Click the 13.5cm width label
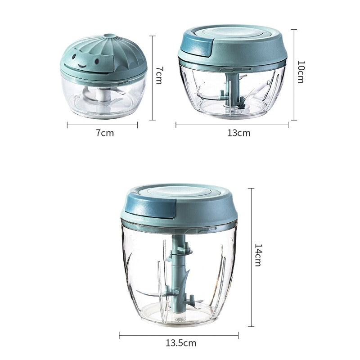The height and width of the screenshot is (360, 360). [181, 343]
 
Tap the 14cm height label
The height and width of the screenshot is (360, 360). [258, 255]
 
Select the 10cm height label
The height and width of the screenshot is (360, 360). [301, 72]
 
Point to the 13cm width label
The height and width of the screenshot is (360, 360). [239, 133]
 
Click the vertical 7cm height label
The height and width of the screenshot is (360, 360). [159, 76]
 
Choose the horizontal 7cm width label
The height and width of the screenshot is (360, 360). [105, 133]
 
